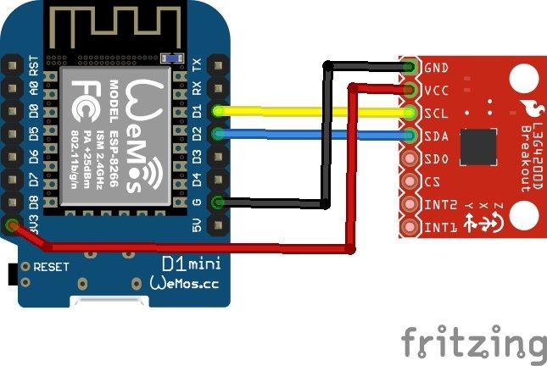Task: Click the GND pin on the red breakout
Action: point(410,67)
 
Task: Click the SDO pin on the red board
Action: point(410,158)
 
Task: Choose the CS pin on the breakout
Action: point(410,181)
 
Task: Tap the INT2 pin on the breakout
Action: point(410,204)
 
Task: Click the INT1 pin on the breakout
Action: point(410,227)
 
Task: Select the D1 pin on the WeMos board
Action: point(220,111)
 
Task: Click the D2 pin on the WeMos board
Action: point(220,134)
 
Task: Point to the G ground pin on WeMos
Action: point(220,202)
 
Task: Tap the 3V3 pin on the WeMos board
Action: point(12,225)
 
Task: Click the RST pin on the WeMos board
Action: point(12,65)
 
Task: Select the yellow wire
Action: point(314,112)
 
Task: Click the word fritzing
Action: point(473,343)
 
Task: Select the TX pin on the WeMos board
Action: point(220,65)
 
